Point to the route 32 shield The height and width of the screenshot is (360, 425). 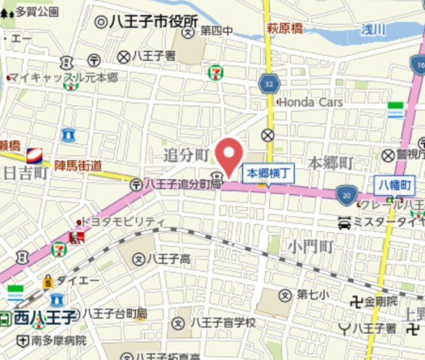tap(268, 82)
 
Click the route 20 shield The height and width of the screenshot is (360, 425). tap(345, 195)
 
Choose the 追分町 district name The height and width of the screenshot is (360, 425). tap(187, 154)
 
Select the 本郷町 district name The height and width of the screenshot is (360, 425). tap(331, 162)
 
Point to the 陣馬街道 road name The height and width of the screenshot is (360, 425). tap(78, 166)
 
